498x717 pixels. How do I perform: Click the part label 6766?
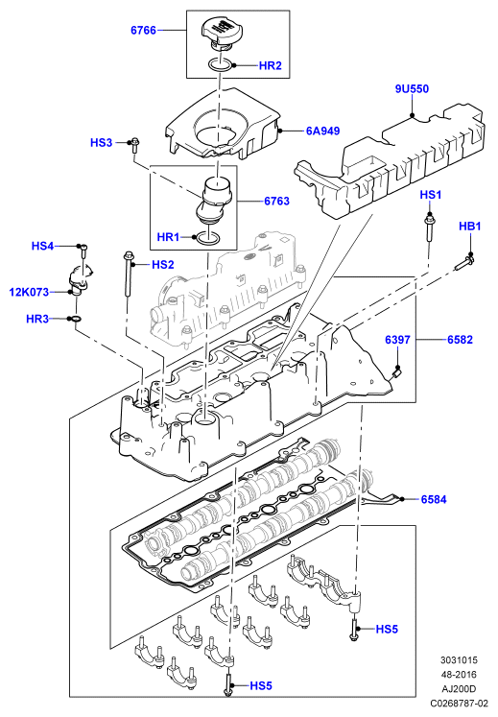pyautogui.click(x=143, y=30)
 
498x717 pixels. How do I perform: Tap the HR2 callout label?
pyautogui.click(x=271, y=65)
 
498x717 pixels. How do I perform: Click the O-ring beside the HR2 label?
pyautogui.click(x=220, y=65)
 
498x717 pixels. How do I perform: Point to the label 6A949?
pyautogui.click(x=322, y=131)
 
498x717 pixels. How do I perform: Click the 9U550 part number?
pyautogui.click(x=412, y=88)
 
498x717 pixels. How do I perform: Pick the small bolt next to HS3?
pyautogui.click(x=134, y=144)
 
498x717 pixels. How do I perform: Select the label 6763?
pyautogui.click(x=276, y=201)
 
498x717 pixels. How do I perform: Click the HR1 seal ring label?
pyautogui.click(x=168, y=237)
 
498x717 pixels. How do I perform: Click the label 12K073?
pyautogui.click(x=29, y=292)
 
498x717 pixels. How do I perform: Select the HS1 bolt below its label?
pyautogui.click(x=430, y=228)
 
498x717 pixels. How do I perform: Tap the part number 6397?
pyautogui.click(x=397, y=339)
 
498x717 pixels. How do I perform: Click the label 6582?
pyautogui.click(x=460, y=339)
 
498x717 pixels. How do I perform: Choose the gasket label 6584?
pyautogui.click(x=434, y=499)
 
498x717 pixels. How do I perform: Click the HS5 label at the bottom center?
pyautogui.click(x=261, y=685)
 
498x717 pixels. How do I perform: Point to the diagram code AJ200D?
pyautogui.click(x=459, y=688)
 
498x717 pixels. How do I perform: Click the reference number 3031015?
pyautogui.click(x=459, y=659)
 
